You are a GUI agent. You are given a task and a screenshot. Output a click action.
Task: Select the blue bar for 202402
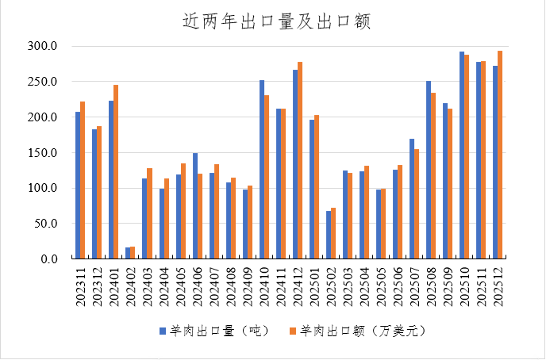(x=128, y=253)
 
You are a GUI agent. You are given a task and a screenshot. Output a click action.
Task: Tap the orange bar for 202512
(x=500, y=155)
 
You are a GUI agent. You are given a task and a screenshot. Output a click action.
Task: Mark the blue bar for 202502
(x=329, y=235)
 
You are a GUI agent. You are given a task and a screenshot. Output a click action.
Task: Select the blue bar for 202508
(x=429, y=170)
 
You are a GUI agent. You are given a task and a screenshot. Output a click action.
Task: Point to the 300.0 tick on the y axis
(x=43, y=47)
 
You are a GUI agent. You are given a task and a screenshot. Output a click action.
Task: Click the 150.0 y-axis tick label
(x=43, y=153)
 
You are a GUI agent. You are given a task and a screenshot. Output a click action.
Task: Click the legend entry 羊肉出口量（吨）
(x=215, y=329)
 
